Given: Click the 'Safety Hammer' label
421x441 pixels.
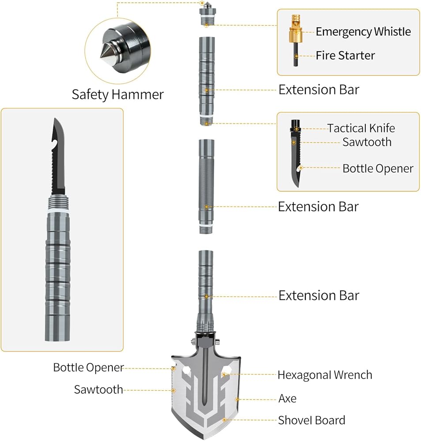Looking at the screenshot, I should pos(117,94).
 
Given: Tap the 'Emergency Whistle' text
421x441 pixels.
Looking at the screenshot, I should pos(363,32).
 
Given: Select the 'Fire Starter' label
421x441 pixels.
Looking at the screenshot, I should pos(345,56).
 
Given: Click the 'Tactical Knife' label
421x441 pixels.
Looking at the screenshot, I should pos(361,128).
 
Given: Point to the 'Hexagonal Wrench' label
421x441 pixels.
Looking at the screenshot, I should pos(325,375).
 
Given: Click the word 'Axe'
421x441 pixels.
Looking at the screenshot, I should pos(287,399).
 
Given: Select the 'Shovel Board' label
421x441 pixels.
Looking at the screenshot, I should pos(312,421).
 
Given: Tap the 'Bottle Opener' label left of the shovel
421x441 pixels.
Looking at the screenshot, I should pos(88,367).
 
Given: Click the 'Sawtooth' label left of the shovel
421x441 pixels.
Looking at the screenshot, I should pos(98,389).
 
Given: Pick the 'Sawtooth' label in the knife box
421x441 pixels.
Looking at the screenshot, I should pos(367,142).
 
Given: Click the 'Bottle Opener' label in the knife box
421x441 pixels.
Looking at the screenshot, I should pos(378,168).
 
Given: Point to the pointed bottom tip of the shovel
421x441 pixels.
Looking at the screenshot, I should pos(206,436).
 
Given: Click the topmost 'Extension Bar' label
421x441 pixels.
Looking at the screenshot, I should pos(319,90).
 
